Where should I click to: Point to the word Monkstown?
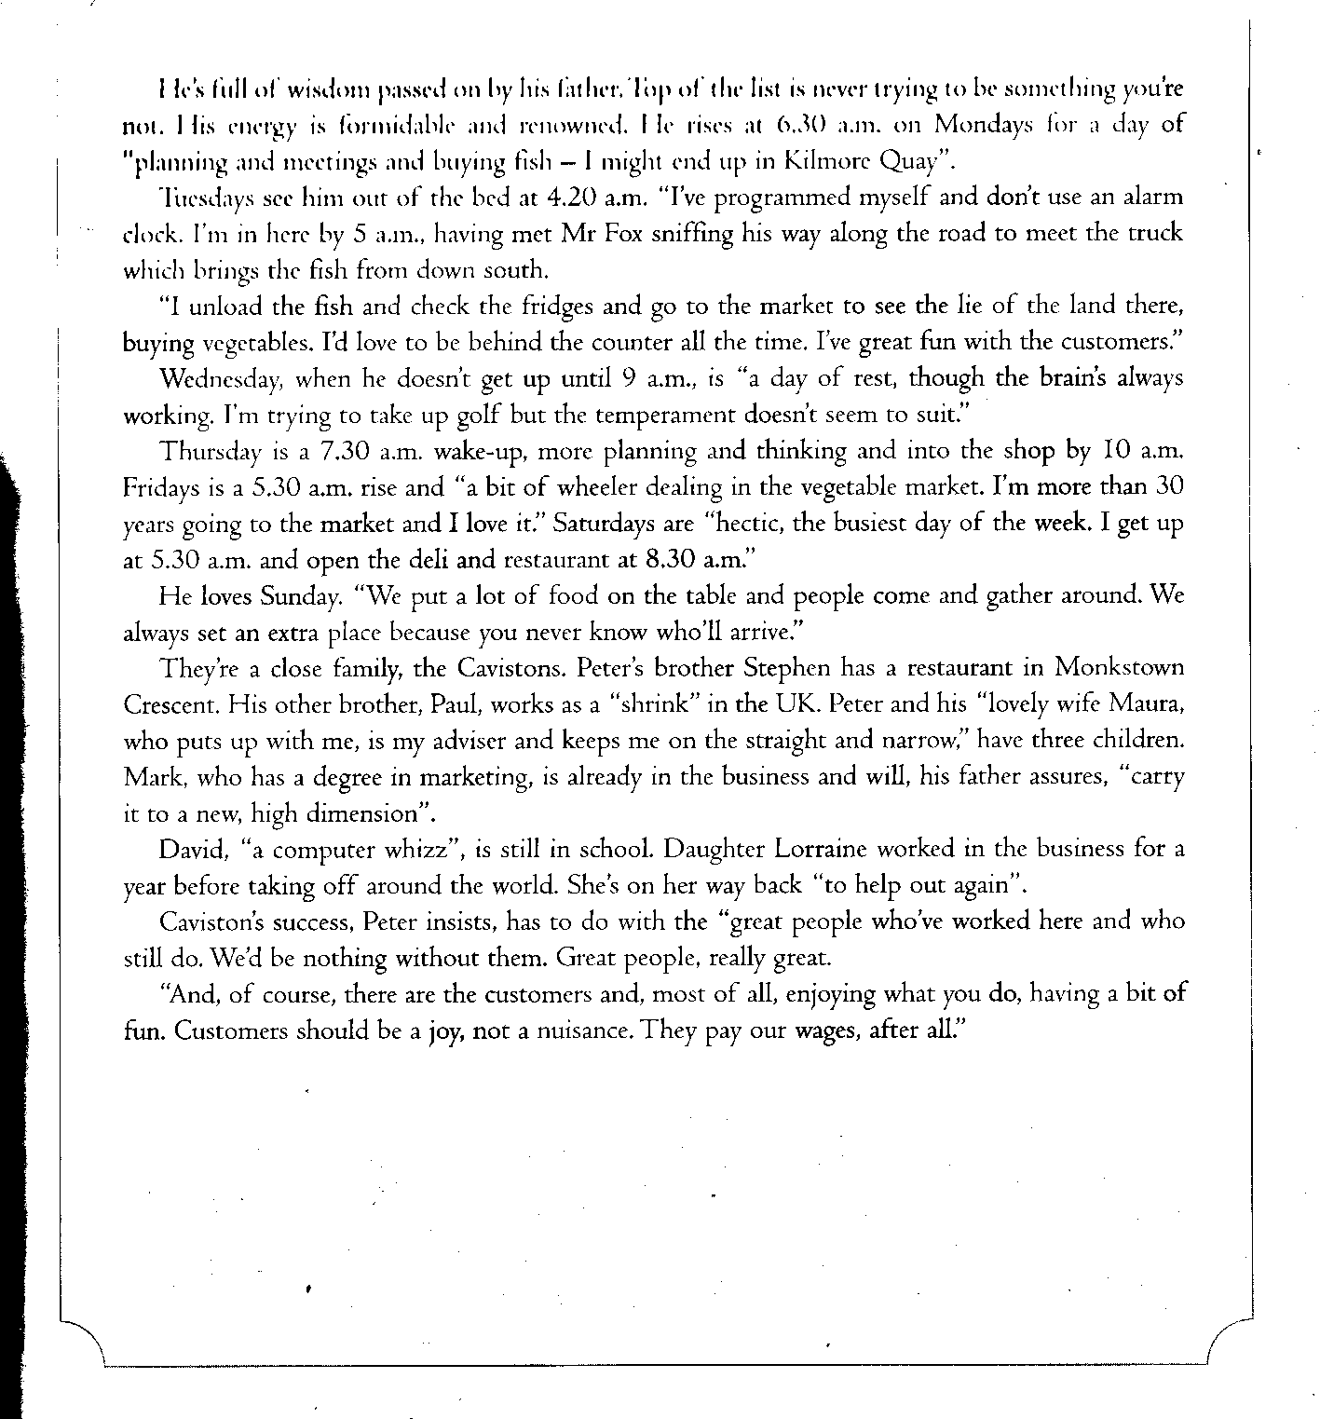(x=1119, y=669)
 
